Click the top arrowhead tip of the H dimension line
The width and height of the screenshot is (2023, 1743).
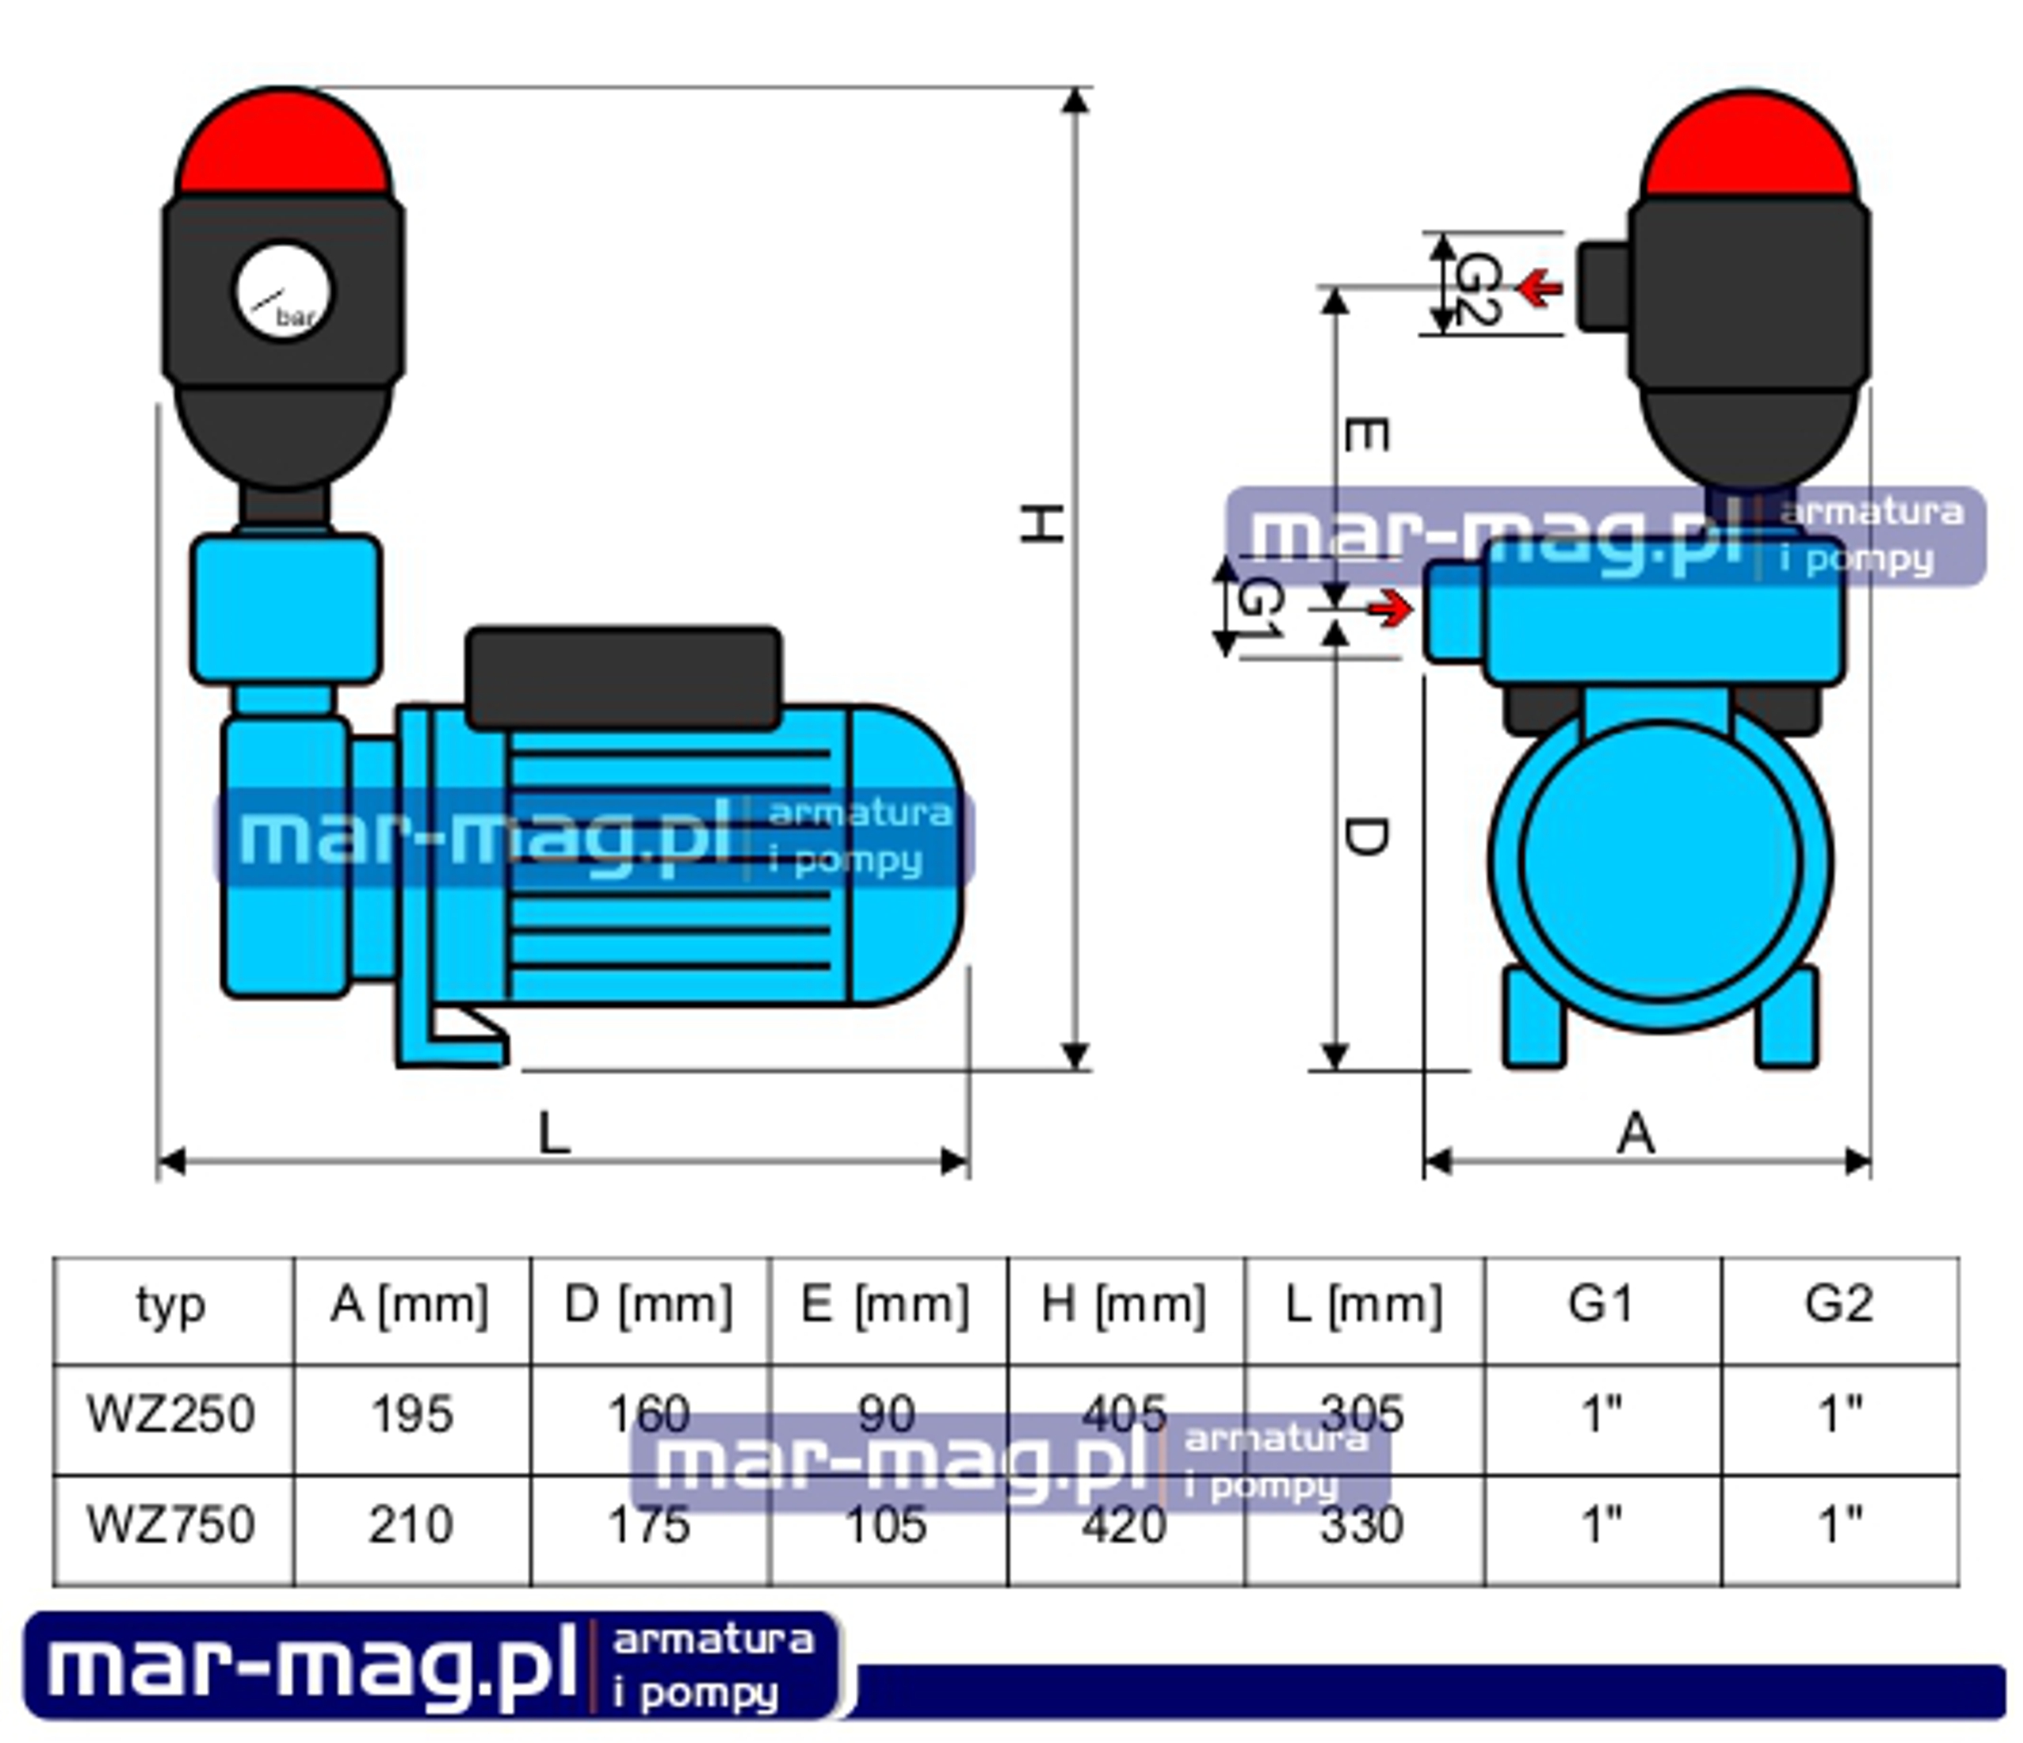1075,88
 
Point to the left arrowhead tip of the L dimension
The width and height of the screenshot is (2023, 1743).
158,1162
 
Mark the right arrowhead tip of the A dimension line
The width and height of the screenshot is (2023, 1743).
1870,1162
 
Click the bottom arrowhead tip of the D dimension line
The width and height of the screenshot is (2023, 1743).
1335,1069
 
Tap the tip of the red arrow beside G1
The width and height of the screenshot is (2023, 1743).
1412,609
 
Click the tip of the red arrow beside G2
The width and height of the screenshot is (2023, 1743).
1519,288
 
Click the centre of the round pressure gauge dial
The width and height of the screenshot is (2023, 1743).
283,291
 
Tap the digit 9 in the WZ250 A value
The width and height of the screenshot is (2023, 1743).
412,1414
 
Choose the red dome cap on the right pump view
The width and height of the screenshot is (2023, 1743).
1749,146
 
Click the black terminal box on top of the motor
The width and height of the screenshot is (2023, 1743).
623,678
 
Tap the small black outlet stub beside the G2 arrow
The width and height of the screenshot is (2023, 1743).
1602,287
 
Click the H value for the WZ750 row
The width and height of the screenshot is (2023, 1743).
1124,1524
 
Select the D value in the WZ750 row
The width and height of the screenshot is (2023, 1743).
648,1524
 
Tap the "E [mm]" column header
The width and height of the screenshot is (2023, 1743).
886,1305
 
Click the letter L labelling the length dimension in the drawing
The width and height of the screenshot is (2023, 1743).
554,1134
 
